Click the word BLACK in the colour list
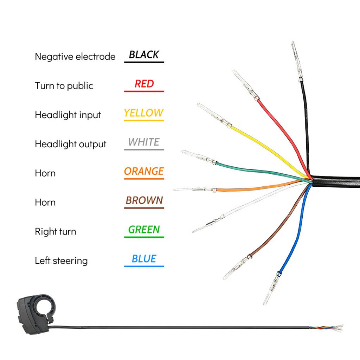click(144, 54)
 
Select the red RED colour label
click(144, 84)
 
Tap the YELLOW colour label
click(144, 113)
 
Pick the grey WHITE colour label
click(144, 142)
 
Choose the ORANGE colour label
click(144, 171)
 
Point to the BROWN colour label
click(144, 200)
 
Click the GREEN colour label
click(144, 230)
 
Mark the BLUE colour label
click(144, 259)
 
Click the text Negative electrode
click(75, 56)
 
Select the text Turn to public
click(64, 85)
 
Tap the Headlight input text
click(67, 115)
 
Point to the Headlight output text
click(70, 144)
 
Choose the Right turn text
click(55, 231)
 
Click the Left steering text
click(61, 261)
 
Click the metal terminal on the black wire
click(297, 62)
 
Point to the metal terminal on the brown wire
click(236, 267)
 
